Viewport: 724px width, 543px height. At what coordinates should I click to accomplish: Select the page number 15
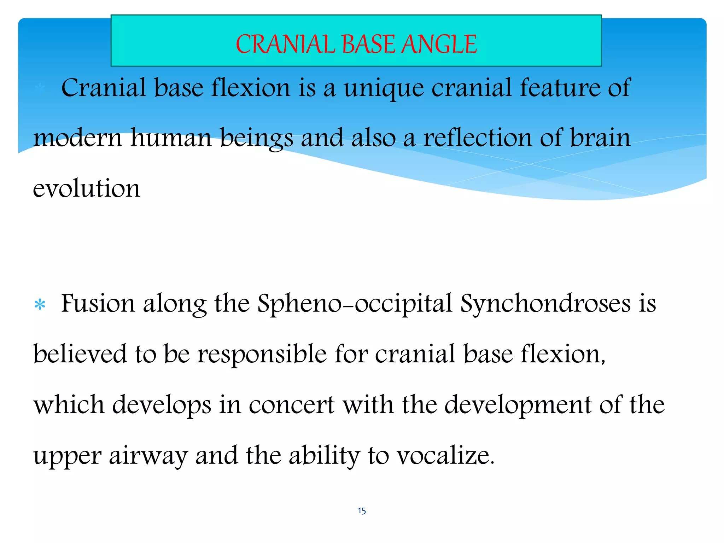(362, 510)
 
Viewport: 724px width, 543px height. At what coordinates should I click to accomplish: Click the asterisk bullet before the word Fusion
(40, 305)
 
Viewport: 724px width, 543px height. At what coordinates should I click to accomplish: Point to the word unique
(384, 88)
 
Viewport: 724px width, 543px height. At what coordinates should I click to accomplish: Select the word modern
(77, 138)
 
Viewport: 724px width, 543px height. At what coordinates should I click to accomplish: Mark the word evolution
(87, 189)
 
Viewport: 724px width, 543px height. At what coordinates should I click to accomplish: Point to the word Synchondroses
(545, 304)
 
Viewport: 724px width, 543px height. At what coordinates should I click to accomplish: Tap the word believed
(80, 354)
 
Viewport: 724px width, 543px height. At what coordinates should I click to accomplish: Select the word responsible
(262, 355)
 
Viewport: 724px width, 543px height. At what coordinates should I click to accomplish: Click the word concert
(292, 405)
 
